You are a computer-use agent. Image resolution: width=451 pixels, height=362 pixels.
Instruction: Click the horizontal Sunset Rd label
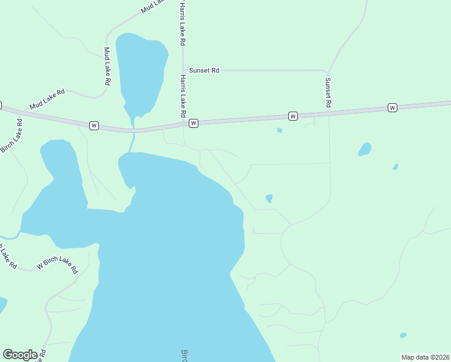tap(204, 71)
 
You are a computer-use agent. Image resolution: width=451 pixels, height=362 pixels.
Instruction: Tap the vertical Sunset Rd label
tap(328, 92)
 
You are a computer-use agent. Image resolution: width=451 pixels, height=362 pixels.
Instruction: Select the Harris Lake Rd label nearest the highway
tap(181, 97)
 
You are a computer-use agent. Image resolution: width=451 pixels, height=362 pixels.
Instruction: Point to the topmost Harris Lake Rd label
tap(181, 24)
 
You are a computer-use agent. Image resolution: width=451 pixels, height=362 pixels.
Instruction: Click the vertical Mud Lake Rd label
tap(107, 66)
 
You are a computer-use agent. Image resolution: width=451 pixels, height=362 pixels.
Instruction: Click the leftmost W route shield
tap(93, 125)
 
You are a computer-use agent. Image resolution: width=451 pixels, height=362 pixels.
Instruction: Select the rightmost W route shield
tap(393, 107)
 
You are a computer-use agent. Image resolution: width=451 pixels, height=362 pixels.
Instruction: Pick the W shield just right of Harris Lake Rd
tap(194, 123)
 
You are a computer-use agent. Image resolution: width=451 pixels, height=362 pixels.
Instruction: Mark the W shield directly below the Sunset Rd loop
tap(293, 116)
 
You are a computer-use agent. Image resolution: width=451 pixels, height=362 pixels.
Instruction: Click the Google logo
tap(20, 355)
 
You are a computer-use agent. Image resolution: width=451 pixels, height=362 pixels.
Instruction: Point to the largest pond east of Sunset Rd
tap(364, 149)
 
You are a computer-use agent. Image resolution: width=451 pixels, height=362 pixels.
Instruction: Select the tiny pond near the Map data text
tap(403, 335)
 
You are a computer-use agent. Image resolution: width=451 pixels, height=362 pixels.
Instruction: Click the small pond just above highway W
tap(279, 130)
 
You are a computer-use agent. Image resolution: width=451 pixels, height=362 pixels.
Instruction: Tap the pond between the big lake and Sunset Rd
tap(269, 198)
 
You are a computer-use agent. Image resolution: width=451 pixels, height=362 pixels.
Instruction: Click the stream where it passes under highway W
tap(133, 130)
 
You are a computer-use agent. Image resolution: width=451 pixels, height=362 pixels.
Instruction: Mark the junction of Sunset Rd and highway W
tap(329, 113)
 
